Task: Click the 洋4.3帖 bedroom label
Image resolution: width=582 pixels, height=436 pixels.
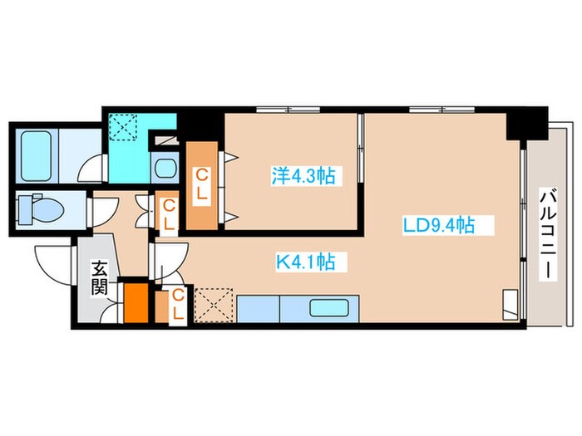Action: (303, 176)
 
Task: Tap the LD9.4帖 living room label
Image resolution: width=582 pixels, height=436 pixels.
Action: (439, 225)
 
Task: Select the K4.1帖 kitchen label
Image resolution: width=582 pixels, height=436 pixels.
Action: (305, 262)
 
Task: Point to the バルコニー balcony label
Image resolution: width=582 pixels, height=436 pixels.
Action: (548, 235)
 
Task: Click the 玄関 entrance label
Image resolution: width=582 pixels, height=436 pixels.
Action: (100, 277)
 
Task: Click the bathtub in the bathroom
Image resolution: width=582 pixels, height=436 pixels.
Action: (36, 156)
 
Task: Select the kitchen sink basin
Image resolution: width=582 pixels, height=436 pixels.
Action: (328, 308)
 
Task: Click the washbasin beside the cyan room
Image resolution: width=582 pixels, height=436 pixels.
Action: (165, 169)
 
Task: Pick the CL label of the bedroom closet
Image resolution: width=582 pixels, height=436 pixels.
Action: (201, 184)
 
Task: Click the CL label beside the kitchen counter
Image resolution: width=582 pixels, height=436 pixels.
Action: (178, 305)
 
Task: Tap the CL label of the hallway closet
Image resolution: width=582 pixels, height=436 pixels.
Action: (169, 214)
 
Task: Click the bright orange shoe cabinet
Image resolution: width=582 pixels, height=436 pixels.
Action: (136, 303)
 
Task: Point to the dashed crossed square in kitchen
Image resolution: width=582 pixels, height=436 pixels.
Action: (214, 305)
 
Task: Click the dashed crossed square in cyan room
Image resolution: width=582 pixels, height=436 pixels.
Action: (123, 127)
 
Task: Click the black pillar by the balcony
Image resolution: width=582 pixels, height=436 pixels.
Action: (527, 124)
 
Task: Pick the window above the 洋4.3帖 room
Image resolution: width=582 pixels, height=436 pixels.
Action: (289, 110)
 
